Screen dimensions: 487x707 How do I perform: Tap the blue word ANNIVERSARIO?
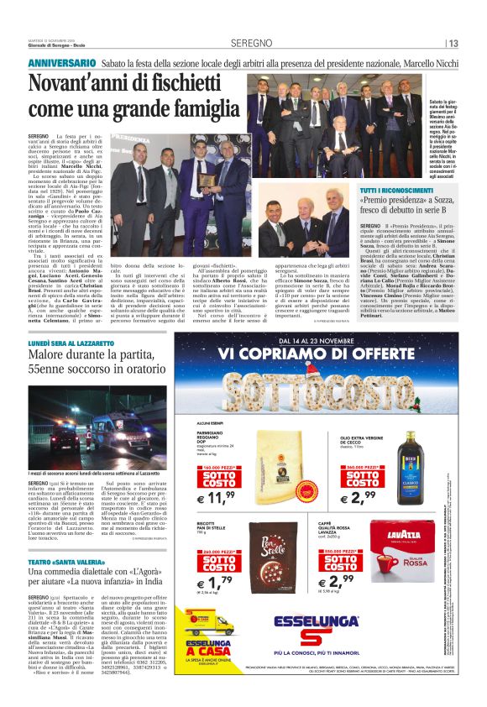click(62, 64)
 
